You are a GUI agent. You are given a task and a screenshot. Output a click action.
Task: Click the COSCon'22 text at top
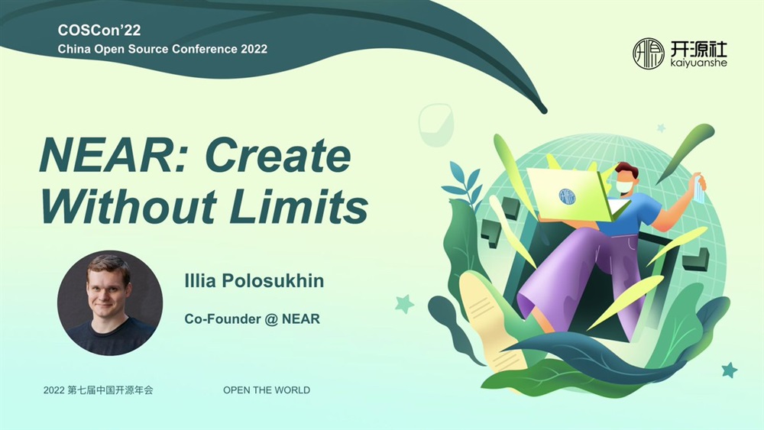pos(99,31)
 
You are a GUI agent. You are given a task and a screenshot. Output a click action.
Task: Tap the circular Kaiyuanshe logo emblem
pos(648,53)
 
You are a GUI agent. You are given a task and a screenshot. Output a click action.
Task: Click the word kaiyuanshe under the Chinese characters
pos(699,63)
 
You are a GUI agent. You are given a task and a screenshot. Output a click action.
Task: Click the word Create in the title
pos(278,155)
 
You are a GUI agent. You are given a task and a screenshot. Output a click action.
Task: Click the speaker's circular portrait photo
pos(110,303)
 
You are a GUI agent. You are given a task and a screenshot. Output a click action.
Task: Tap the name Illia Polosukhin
pos(254,281)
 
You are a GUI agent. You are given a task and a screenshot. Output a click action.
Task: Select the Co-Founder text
pos(222,319)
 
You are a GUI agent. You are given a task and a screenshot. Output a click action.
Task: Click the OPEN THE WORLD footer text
pos(267,390)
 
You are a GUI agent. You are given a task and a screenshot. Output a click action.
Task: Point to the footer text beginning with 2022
pos(98,390)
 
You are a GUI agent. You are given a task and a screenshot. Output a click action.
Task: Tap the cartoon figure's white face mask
pos(624,187)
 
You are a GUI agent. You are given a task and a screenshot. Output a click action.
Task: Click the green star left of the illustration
pos(404,304)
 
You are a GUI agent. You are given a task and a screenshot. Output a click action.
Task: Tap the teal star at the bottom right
pos(730,370)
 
